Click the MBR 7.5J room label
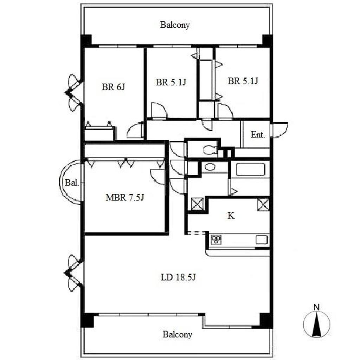(125, 198)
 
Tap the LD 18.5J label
(178, 277)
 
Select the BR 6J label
(114, 87)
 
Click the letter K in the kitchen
(231, 216)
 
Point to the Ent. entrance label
(258, 135)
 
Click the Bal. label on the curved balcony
(72, 183)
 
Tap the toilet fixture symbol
(210, 150)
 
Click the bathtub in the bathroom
(250, 169)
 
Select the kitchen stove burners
(216, 239)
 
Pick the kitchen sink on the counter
(262, 240)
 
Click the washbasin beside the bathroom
(210, 167)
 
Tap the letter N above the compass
(317, 307)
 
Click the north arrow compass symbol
(317, 324)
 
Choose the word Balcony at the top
(175, 25)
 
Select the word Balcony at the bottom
(177, 335)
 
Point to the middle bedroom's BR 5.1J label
(171, 82)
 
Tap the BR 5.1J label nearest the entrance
(243, 81)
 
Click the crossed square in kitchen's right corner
(263, 204)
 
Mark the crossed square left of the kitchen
(197, 204)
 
